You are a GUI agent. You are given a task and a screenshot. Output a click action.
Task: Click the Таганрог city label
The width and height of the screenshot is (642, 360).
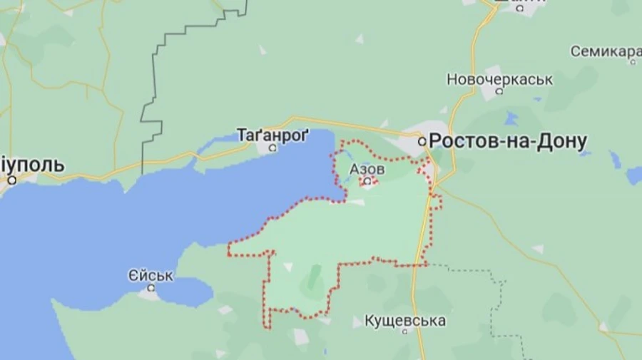point(273,133)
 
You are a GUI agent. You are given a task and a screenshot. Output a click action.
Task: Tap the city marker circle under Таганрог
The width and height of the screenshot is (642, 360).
point(272,148)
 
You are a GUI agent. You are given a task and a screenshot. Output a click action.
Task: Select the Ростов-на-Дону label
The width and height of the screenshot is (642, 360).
point(509,141)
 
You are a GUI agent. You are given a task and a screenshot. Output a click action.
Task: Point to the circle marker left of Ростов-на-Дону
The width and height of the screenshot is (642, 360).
point(422,141)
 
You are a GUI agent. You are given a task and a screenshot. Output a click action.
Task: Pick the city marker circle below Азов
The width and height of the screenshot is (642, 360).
point(367,182)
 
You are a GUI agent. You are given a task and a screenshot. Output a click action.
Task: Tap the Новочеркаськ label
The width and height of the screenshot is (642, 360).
point(499,79)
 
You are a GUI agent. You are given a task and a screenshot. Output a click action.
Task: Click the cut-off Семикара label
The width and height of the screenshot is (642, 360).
point(606,51)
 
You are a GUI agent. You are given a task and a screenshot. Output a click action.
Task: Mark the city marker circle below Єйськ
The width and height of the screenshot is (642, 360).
point(151,288)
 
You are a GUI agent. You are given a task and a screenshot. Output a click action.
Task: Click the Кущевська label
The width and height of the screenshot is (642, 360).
point(404,321)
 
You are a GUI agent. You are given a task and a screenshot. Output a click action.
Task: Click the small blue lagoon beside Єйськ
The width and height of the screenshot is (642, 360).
point(184,291)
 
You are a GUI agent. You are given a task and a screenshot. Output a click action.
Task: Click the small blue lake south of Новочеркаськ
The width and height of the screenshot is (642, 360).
point(511,118)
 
